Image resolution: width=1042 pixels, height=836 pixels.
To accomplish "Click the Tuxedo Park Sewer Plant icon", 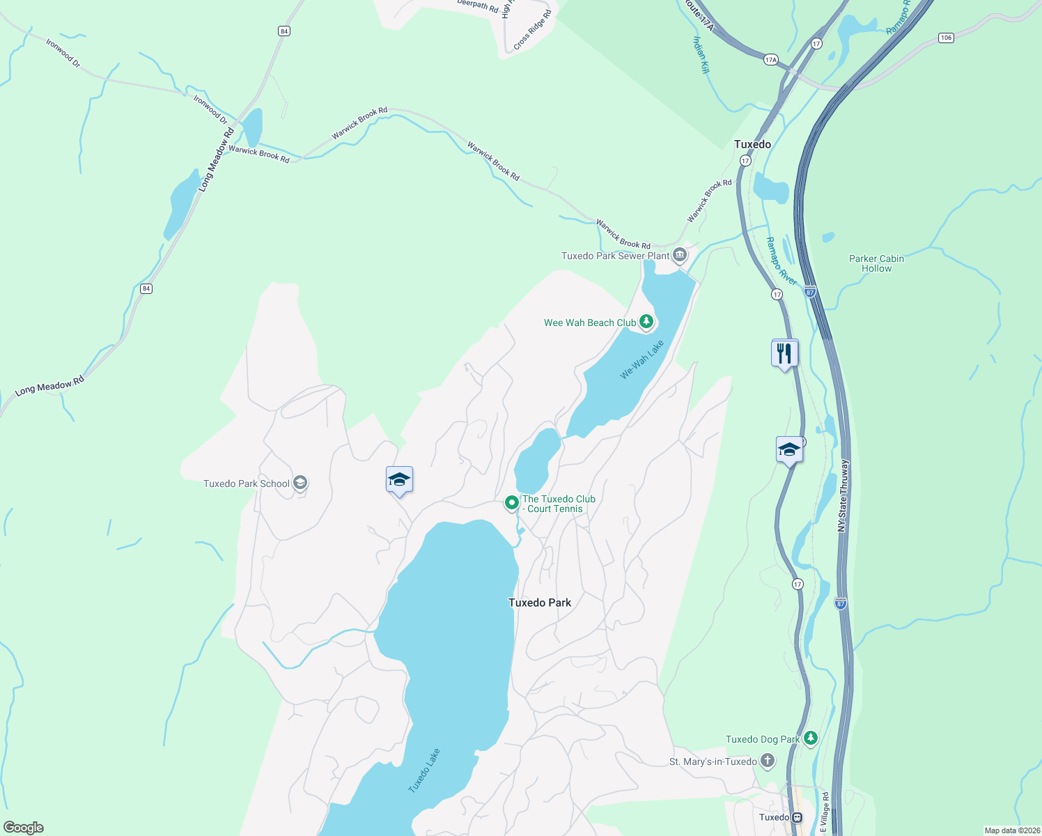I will (680, 256).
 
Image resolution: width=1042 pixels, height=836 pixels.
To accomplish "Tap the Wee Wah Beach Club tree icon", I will (647, 322).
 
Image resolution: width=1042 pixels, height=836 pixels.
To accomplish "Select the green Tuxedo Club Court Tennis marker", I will (512, 502).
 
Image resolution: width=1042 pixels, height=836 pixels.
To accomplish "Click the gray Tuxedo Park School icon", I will (300, 483).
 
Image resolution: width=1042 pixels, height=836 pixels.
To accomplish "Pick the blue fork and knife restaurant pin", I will (785, 353).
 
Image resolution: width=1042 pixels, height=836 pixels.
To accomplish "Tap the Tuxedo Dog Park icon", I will (810, 738).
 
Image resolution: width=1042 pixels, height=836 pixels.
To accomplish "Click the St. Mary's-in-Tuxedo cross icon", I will (768, 761).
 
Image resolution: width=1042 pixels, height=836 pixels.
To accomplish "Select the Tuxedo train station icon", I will (797, 817).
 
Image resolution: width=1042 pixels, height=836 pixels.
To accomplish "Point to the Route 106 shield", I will (945, 38).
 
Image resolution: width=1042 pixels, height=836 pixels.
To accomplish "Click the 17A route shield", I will (770, 60).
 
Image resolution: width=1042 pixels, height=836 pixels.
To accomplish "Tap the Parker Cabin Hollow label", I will (876, 263).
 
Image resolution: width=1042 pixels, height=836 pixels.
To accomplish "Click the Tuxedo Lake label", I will (424, 771).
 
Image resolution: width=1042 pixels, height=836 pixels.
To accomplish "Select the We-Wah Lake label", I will (642, 359).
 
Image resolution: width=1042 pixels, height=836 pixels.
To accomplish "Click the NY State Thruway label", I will (843, 496).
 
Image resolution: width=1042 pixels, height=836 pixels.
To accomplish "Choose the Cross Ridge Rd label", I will (532, 29).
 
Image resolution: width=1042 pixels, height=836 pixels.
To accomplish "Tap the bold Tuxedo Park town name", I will (540, 603).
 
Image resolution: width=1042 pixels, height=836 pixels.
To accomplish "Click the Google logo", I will (24, 827).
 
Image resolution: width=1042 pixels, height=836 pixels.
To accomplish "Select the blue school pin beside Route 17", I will (789, 450).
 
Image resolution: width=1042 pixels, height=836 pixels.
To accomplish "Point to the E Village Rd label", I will (824, 812).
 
